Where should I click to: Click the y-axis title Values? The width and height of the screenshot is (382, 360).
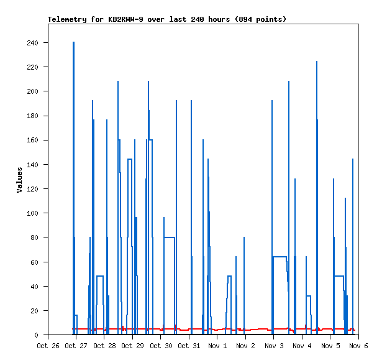[19, 180]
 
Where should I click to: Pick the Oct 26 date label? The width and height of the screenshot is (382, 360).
[48, 345]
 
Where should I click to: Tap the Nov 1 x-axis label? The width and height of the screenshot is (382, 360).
[217, 345]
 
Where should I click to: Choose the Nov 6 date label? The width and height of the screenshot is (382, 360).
[358, 345]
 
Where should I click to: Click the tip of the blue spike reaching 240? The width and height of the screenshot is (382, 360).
[73, 43]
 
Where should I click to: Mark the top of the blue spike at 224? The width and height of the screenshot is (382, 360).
[317, 62]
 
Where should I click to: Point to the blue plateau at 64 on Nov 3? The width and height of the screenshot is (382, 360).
[280, 257]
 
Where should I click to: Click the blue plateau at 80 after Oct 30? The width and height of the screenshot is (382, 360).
[169, 238]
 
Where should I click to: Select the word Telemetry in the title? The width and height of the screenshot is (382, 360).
[69, 19]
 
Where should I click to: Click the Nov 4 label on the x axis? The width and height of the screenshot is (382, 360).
[302, 345]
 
